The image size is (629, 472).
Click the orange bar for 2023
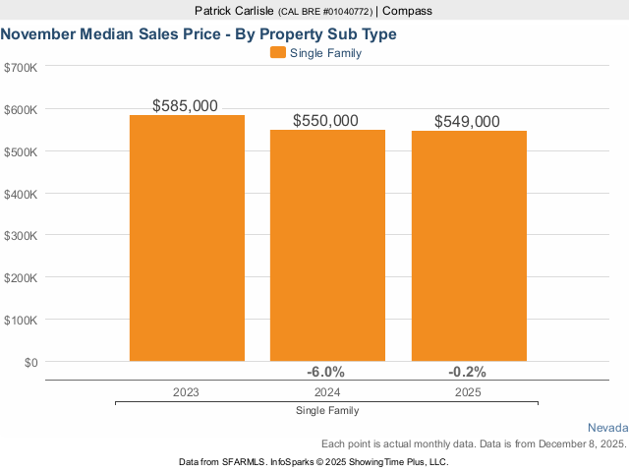pyautogui.click(x=187, y=238)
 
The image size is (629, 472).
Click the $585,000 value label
pyautogui.click(x=186, y=105)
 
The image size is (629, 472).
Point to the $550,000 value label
pyautogui.click(x=326, y=120)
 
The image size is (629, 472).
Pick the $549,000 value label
pyautogui.click(x=468, y=121)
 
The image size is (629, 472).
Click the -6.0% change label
pyautogui.click(x=326, y=372)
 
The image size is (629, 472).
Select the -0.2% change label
pyautogui.click(x=467, y=372)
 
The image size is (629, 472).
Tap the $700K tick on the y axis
pyautogui.click(x=21, y=67)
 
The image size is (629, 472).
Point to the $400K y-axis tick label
pyautogui.click(x=21, y=194)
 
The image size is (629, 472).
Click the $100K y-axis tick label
pyautogui.click(x=21, y=321)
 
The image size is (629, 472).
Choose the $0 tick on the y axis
pyautogui.click(x=29, y=362)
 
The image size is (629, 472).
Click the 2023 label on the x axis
pyautogui.click(x=186, y=391)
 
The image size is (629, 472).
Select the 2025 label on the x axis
pyautogui.click(x=468, y=391)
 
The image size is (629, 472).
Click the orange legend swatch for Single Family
pyautogui.click(x=278, y=53)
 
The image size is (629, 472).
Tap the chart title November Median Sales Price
pyautogui.click(x=199, y=34)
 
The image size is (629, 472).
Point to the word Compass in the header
pyautogui.click(x=407, y=11)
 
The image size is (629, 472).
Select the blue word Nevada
pyautogui.click(x=607, y=429)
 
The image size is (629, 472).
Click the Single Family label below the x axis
pyautogui.click(x=326, y=410)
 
